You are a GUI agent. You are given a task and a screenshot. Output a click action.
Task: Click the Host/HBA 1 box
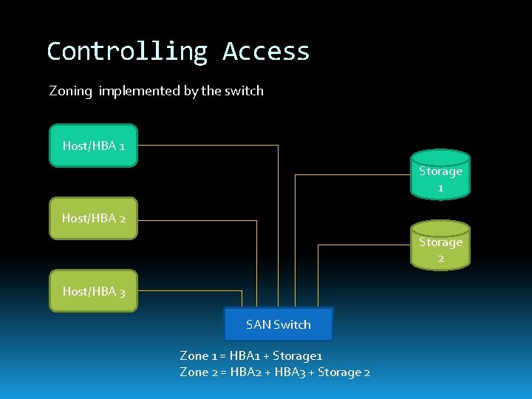tap(93, 146)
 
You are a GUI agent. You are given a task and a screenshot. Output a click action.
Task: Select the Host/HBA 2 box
tap(93, 218)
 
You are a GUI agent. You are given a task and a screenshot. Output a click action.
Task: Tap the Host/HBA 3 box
tap(93, 291)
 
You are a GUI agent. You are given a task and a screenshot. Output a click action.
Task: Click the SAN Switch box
tap(279, 324)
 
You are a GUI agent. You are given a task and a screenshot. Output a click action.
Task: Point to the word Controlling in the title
tap(126, 51)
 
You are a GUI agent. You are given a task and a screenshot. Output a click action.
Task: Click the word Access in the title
tap(266, 51)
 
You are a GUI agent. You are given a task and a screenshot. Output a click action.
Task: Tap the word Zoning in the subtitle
tap(71, 91)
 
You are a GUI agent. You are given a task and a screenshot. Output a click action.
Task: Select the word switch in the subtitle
tap(244, 91)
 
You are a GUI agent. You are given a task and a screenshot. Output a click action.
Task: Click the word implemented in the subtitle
tap(139, 91)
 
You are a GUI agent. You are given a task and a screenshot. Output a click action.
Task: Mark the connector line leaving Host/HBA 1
tap(207, 146)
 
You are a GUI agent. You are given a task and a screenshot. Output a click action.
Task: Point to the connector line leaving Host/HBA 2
tap(197, 220)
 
